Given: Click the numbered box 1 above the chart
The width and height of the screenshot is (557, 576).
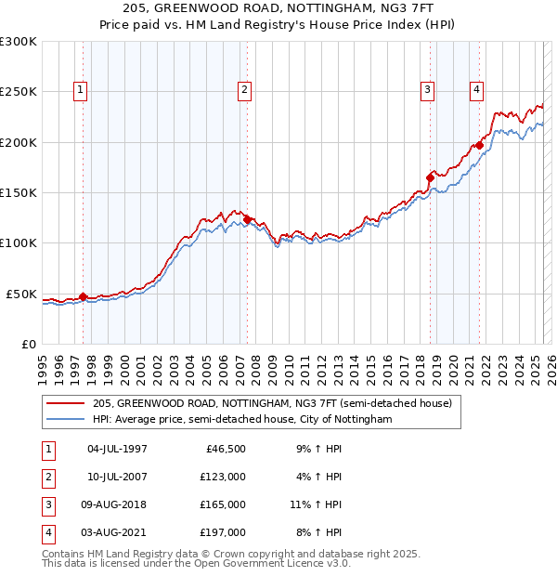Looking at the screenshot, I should click(81, 90).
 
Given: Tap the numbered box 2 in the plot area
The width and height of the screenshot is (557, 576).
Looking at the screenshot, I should click(244, 90).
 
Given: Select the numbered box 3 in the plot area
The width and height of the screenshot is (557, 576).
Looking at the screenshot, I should click(427, 90).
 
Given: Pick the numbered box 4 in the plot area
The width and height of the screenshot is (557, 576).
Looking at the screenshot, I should click(476, 90).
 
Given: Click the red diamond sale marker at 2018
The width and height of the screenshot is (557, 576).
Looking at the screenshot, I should click(430, 177).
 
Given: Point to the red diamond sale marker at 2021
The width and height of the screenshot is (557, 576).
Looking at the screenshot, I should click(479, 145).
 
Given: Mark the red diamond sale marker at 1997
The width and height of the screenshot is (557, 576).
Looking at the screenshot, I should click(83, 297).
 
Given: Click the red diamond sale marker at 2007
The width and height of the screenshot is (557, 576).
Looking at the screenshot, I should click(247, 220).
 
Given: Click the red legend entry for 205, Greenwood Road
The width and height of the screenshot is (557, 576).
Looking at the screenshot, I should click(272, 403).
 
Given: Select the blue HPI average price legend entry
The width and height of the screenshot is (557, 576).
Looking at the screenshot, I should click(242, 420).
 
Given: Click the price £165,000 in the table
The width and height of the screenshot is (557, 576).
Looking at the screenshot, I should click(223, 504).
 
